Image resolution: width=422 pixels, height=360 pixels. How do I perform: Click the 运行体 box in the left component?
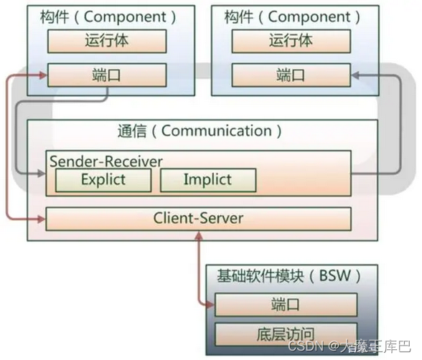coord(107,42)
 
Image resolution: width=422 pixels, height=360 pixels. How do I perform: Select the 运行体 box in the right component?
coord(291,42)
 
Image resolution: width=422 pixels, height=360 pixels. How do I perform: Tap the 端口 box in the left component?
coord(107,74)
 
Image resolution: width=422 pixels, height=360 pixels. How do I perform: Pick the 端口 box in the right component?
coord(291,74)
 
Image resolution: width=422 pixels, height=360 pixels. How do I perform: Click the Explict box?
coord(103,180)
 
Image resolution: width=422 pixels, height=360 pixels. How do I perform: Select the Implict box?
coord(207,180)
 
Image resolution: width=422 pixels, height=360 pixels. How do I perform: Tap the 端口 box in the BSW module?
coord(285,305)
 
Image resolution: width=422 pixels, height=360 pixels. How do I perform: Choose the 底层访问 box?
coord(285,333)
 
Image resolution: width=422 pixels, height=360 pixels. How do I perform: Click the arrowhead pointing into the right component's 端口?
coord(356,74)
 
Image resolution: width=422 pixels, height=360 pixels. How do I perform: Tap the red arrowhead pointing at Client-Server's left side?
coord(41,218)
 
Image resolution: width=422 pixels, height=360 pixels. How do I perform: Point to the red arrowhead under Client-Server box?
coord(198,235)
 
